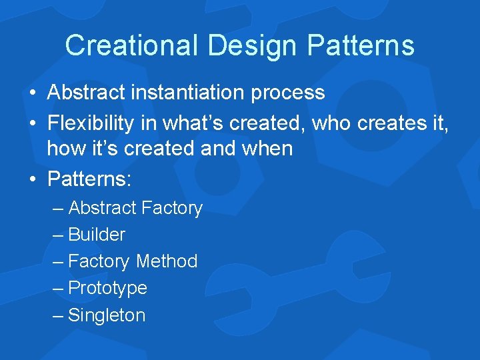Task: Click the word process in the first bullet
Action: coord(288,93)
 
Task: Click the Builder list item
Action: coord(97,235)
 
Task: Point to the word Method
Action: coord(167,261)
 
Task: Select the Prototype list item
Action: coord(107,288)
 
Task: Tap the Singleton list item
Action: coord(107,315)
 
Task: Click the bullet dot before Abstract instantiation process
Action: coord(33,93)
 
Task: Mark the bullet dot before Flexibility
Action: coord(33,121)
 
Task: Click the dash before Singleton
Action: coord(58,315)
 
